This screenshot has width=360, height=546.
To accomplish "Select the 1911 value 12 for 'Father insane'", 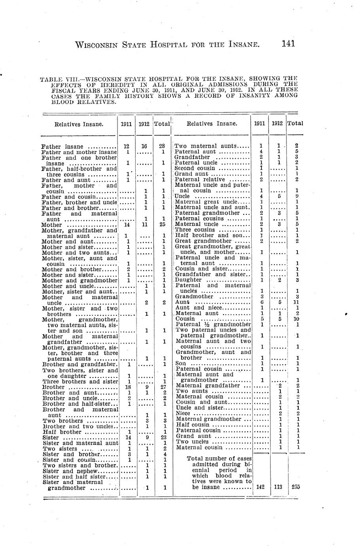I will click(x=127, y=146).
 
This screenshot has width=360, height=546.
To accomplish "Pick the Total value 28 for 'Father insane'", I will click(x=162, y=146).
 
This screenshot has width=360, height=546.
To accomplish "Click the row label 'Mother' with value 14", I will click(x=51, y=225).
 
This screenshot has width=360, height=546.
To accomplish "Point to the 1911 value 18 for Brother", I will click(x=128, y=387).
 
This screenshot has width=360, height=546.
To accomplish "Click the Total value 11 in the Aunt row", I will click(x=296, y=302).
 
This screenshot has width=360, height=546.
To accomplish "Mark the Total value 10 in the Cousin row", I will click(x=296, y=318).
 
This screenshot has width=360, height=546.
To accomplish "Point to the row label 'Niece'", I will click(x=184, y=413).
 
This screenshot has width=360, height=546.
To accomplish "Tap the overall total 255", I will click(x=296, y=487).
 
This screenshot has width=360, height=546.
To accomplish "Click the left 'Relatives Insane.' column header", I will click(x=79, y=124).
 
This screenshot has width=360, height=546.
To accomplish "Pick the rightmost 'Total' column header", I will click(x=295, y=123).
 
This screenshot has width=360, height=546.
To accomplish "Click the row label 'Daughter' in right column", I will click(x=188, y=280).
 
